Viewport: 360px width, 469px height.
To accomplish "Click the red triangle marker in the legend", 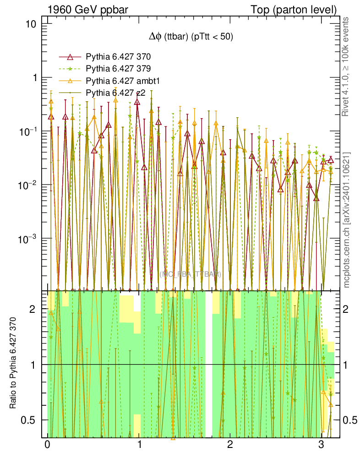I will click(70, 57).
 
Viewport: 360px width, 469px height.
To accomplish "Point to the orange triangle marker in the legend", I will click(70, 81).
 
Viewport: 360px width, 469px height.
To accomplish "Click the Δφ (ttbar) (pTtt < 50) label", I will click(188, 38).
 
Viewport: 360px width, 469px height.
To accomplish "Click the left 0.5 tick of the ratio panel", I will click(34, 420).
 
